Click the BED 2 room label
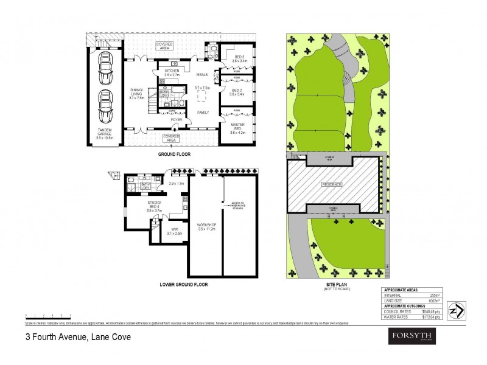click(238, 92)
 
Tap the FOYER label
click(177, 120)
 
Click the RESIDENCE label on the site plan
click(332, 184)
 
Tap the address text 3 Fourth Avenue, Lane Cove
click(77, 336)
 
